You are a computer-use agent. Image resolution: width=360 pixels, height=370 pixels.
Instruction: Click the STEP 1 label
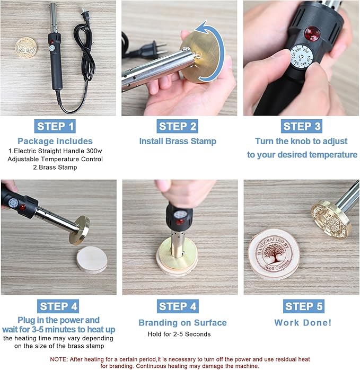tap(55, 126)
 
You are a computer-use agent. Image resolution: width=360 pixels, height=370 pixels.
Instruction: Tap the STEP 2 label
tap(177, 126)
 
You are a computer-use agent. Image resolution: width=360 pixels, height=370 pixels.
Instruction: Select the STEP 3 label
tap(302, 126)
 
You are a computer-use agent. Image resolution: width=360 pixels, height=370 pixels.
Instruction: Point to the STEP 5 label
tap(304, 306)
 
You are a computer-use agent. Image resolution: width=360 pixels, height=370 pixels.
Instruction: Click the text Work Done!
tap(303, 323)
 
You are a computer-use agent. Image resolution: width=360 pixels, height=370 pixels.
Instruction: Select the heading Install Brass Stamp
tap(178, 142)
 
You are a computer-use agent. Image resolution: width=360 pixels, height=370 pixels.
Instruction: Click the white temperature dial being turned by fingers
tap(300, 57)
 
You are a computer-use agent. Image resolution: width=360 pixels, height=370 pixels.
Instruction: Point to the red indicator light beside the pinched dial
tap(312, 33)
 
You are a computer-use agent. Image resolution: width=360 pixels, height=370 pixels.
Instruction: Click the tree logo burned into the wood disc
tap(274, 254)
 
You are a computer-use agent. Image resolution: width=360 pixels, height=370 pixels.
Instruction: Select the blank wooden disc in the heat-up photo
tap(92, 260)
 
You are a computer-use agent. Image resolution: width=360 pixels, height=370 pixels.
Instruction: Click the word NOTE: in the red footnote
tap(58, 359)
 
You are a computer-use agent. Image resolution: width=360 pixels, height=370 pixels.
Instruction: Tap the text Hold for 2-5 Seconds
tap(179, 334)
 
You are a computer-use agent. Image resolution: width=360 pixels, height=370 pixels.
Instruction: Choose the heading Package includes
tap(55, 142)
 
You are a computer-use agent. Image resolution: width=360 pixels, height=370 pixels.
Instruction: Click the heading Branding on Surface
tap(182, 323)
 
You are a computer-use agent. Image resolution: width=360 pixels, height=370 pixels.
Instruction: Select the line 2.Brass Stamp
tap(55, 168)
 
